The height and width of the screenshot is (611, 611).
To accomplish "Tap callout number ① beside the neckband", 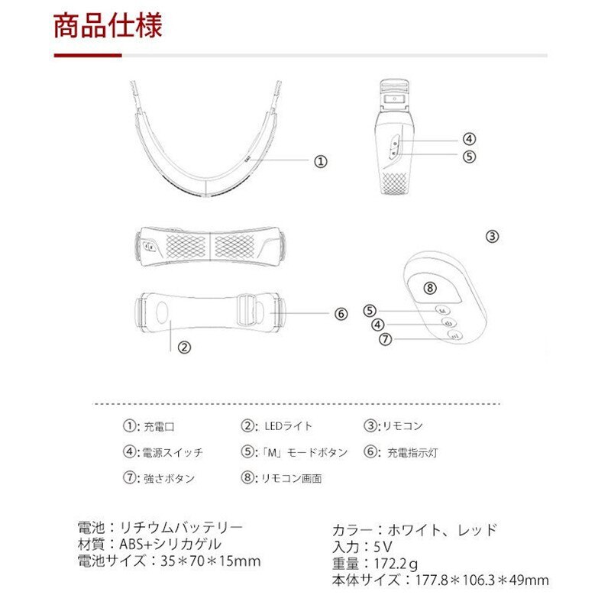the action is click(321, 161).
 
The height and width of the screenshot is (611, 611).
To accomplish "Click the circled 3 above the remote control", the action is click(493, 236).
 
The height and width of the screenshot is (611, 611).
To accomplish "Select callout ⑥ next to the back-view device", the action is click(341, 313).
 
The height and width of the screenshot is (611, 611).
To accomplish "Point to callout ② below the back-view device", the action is click(183, 346).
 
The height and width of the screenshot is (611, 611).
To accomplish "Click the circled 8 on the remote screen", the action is click(430, 288).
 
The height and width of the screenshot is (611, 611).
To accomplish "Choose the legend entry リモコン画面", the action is click(292, 479).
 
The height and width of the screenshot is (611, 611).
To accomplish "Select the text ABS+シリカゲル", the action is click(170, 545).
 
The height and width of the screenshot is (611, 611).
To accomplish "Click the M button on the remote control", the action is click(442, 310).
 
